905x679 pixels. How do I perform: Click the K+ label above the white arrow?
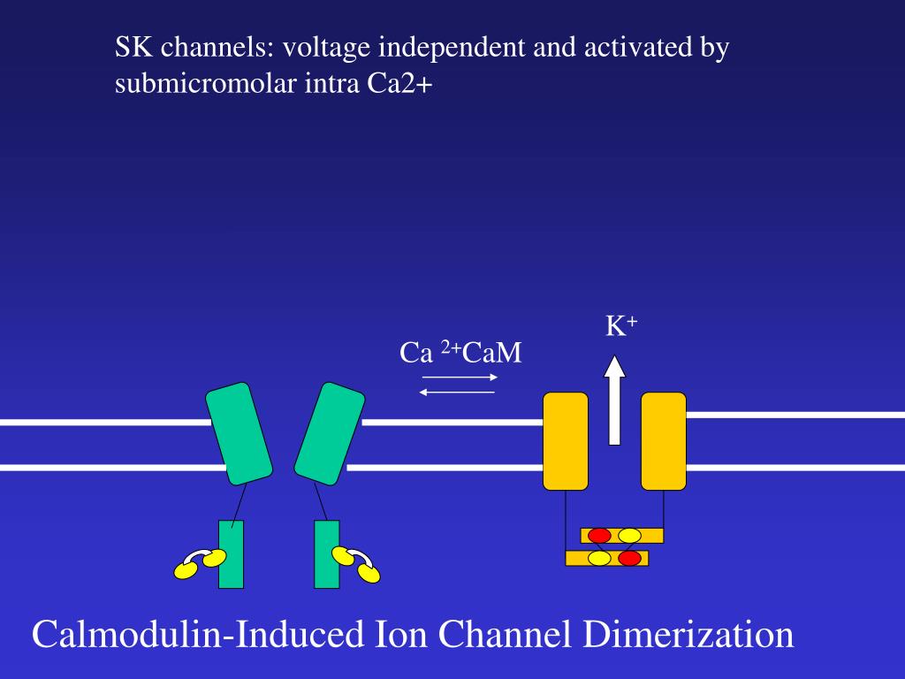(620, 326)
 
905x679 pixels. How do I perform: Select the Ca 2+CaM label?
(460, 354)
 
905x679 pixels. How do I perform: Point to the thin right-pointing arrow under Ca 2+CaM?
(460, 378)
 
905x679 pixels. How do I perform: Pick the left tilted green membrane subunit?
(239, 433)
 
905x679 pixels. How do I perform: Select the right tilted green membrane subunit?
(329, 433)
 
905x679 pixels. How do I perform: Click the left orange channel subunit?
(566, 440)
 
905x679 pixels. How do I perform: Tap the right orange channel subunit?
(664, 440)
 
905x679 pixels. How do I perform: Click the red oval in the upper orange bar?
(600, 535)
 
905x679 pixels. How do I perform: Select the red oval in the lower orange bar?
(629, 558)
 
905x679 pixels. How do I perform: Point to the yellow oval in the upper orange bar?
(629, 535)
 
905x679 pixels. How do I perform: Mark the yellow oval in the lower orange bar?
(600, 558)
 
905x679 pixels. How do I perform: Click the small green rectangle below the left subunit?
(231, 554)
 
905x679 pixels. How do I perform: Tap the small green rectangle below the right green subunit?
(326, 554)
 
